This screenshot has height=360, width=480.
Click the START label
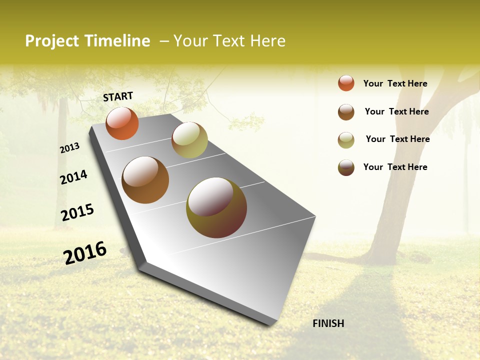[x=118, y=96]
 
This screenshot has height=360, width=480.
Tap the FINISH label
[x=328, y=323]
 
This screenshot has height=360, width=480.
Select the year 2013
[x=69, y=148]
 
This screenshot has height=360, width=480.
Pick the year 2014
[x=73, y=177]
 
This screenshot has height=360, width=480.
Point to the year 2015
[x=77, y=212]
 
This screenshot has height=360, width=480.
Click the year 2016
[x=85, y=253]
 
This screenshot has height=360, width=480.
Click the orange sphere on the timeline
[x=122, y=123]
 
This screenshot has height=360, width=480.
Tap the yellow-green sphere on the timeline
[x=189, y=140]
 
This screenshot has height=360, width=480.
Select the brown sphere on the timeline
[x=145, y=180]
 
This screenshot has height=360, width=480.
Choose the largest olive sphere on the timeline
[x=216, y=207]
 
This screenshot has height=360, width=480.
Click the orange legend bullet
[x=346, y=83]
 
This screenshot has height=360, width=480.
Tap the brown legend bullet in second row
[x=346, y=112]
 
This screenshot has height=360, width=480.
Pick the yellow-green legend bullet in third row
[x=346, y=140]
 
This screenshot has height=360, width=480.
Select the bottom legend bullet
[x=346, y=167]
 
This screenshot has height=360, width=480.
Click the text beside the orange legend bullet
[x=395, y=83]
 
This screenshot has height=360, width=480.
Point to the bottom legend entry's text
[x=395, y=167]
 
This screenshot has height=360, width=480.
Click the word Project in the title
[x=52, y=41]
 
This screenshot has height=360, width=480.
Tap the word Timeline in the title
[x=117, y=41]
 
